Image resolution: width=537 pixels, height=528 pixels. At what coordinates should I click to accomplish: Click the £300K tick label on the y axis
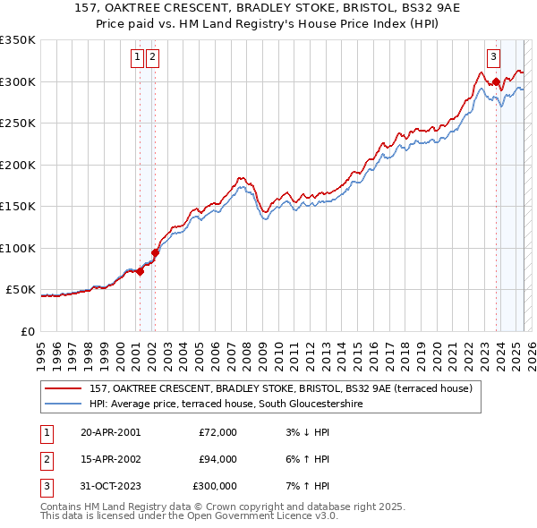tap(18, 81)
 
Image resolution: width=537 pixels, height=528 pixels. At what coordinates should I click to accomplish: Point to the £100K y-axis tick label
tap(18, 248)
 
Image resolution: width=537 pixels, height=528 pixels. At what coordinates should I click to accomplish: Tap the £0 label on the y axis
tap(27, 331)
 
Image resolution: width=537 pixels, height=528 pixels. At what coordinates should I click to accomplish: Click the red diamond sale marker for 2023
tap(496, 82)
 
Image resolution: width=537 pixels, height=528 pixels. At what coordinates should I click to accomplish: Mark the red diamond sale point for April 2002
tap(155, 252)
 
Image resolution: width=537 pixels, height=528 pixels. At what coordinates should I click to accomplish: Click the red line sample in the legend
tap(64, 388)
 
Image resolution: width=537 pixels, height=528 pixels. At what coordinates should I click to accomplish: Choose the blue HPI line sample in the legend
tap(64, 404)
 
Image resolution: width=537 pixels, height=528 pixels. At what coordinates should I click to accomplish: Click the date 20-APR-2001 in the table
tap(110, 432)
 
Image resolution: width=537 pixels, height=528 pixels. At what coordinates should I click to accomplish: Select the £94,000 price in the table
tap(217, 459)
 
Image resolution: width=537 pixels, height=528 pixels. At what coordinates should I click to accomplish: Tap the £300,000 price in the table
tap(215, 486)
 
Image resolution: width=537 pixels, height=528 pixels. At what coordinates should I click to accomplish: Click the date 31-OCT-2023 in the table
tap(110, 486)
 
